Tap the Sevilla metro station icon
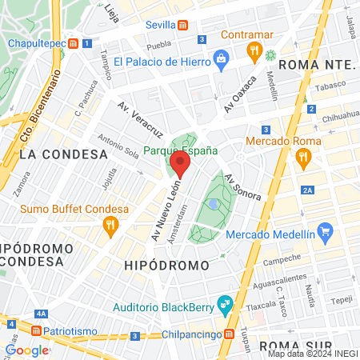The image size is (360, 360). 184,26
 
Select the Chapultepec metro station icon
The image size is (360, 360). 74,43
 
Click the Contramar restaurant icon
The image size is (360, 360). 255,53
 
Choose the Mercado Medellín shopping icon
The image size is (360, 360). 324,234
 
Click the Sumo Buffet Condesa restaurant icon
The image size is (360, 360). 110,227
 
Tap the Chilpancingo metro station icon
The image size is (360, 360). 229,334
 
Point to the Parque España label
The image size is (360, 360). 181,150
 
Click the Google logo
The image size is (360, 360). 27,350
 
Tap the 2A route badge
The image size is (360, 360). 308,190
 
